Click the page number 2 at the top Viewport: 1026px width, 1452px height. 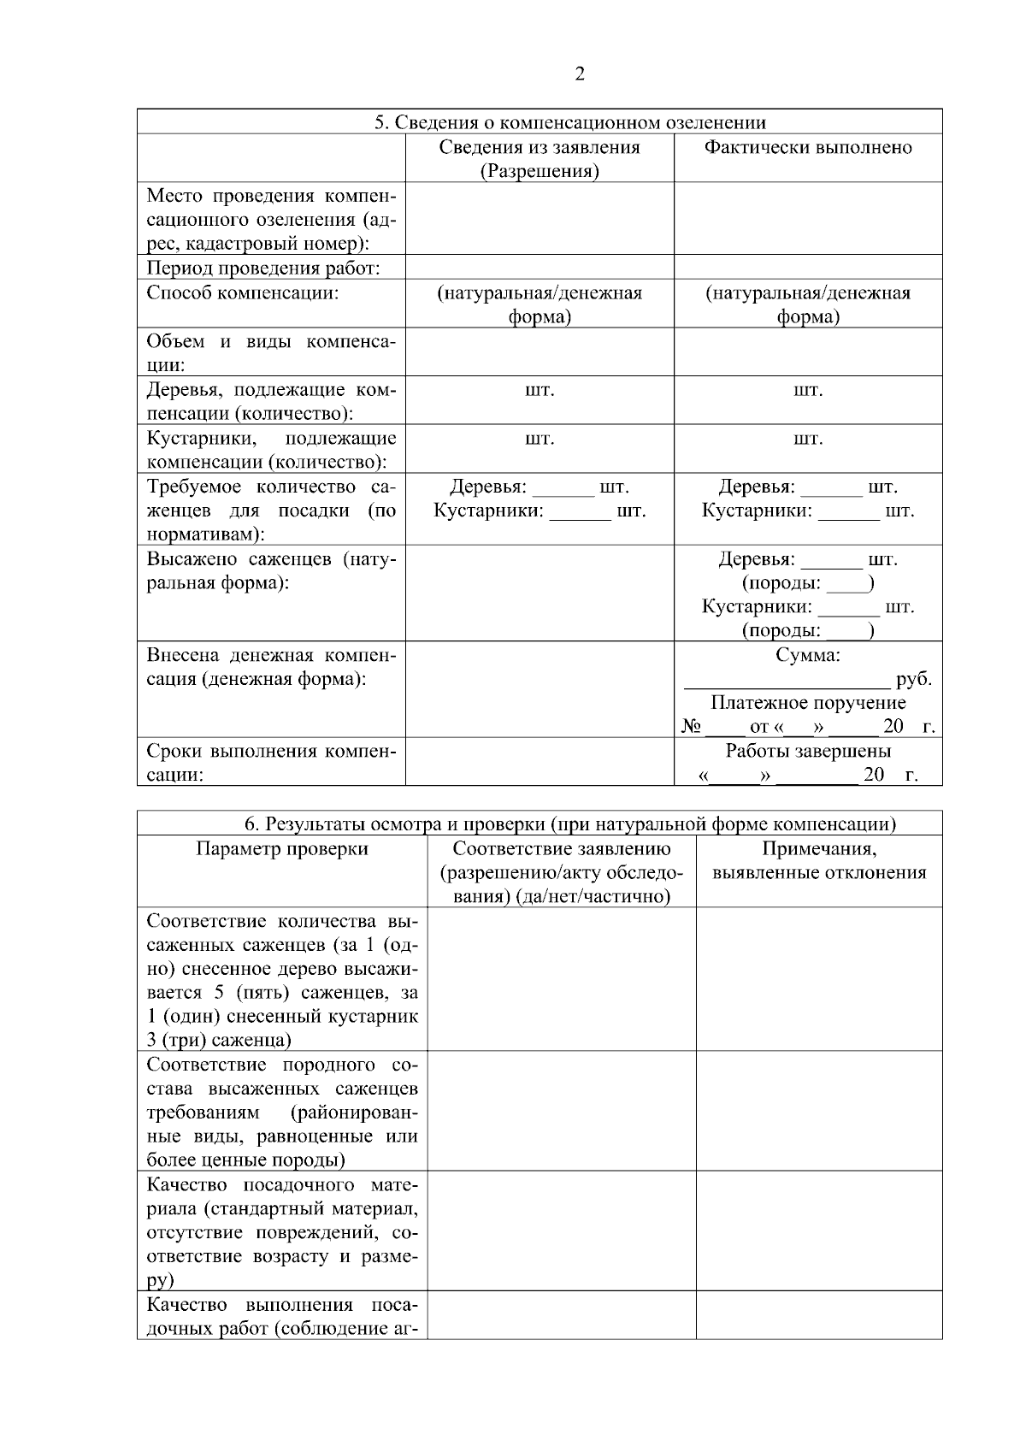click(580, 74)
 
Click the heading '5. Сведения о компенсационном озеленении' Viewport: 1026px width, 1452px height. click(570, 122)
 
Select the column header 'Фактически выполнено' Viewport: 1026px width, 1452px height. click(807, 147)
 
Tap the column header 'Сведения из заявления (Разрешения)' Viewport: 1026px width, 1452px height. click(539, 159)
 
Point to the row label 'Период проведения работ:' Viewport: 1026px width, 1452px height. click(263, 268)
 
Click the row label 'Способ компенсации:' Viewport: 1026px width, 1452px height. click(243, 293)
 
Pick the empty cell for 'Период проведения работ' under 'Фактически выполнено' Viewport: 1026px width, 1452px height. click(807, 267)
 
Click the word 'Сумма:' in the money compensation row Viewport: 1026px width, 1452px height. click(807, 655)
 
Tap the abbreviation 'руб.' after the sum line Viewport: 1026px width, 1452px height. click(913, 680)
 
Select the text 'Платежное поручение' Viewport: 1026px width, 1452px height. click(808, 703)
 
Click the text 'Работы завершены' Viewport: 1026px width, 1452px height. click(808, 751)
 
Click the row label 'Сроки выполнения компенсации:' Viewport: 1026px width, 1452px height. click(271, 763)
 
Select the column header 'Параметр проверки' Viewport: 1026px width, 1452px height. click(282, 849)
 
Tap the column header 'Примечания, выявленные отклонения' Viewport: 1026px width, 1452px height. click(818, 860)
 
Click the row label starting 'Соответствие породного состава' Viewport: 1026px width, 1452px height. click(282, 1112)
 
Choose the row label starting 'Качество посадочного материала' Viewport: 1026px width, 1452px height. click(282, 1231)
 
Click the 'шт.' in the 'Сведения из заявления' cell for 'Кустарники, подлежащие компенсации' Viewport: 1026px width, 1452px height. click(539, 439)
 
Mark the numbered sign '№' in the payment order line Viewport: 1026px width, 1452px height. click(691, 727)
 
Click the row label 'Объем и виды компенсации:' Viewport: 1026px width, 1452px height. click(271, 353)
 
